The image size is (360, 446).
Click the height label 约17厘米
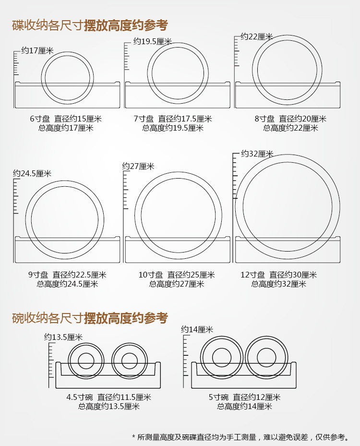37,50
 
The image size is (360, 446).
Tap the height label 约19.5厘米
153,42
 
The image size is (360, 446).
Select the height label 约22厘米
257,36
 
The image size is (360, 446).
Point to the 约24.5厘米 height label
32,173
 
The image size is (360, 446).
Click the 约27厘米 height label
138,166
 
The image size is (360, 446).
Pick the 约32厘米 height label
257,154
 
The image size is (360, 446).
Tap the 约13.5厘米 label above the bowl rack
63,337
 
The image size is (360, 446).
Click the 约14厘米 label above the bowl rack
197,329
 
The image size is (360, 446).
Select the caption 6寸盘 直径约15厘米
66,119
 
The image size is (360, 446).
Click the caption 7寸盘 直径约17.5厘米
173,119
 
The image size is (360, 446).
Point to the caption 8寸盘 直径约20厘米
290,119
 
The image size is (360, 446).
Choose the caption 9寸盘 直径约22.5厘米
67,275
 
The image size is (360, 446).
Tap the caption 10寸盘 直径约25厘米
177,275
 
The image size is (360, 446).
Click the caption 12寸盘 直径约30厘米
279,275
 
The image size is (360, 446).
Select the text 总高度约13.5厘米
109,406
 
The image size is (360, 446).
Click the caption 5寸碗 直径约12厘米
244,397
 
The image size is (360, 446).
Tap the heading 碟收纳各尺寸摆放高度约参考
90,25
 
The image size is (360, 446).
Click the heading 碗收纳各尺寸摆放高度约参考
90,318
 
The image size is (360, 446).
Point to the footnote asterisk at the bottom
133,436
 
